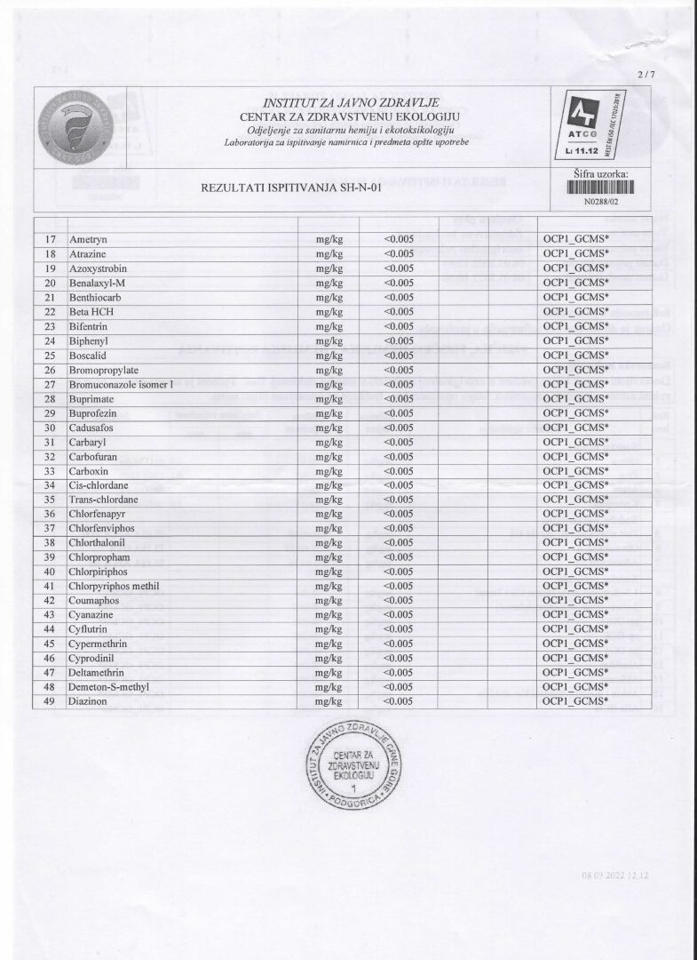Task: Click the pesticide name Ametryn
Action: coord(87,239)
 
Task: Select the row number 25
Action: coord(51,355)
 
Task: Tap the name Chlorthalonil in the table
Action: coord(100,542)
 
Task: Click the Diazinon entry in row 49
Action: coord(88,701)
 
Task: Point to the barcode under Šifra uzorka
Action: coord(601,188)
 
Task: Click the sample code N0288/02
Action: coord(601,203)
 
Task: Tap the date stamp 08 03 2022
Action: coord(616,876)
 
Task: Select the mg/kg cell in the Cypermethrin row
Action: coord(329,644)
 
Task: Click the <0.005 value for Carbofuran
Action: coord(400,456)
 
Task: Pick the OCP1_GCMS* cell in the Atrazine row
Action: coord(575,253)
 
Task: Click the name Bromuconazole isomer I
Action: coord(124,384)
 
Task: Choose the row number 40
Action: coord(51,572)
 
